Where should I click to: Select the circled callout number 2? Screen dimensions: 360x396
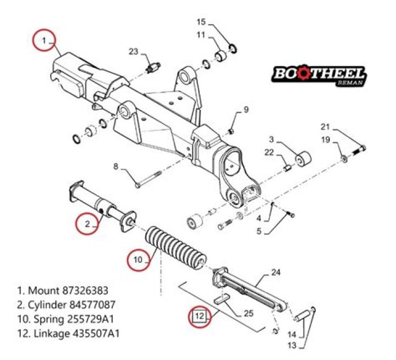point(86,224)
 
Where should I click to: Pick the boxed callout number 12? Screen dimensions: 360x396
point(200,316)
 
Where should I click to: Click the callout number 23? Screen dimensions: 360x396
point(134,52)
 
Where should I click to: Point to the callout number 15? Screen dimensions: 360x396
point(201,22)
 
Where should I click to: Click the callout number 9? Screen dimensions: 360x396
point(246,109)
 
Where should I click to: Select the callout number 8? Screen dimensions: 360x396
point(116,166)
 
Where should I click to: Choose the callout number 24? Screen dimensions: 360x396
point(276,272)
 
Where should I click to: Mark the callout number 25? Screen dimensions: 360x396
point(249,314)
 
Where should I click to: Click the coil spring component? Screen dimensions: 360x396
point(175,247)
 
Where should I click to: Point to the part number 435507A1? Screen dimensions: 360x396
point(96,334)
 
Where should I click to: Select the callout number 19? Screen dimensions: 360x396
point(326,140)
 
